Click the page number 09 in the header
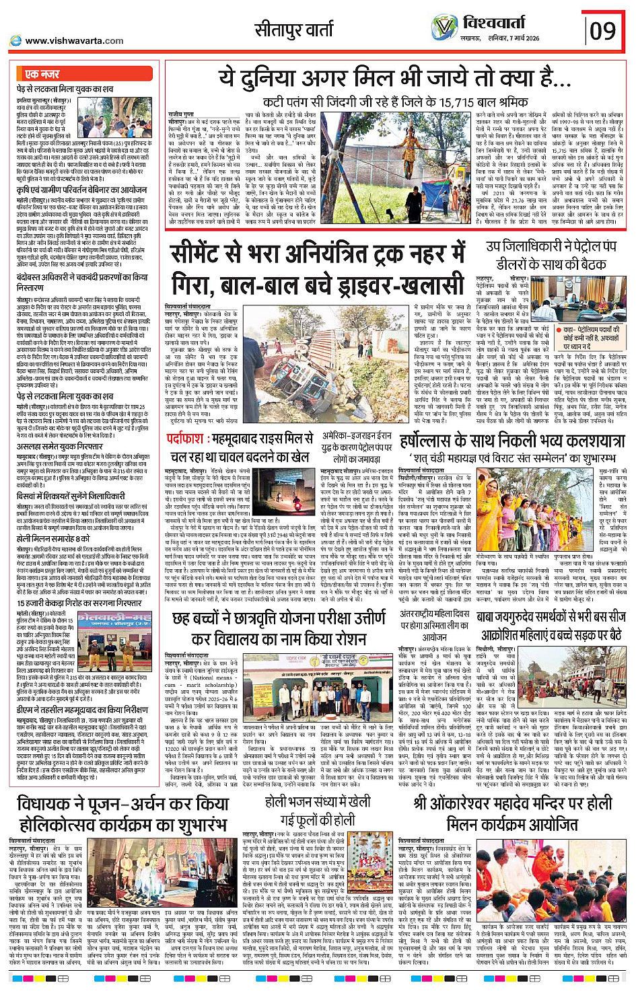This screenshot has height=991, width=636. [603, 30]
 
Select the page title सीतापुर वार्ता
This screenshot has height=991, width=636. [294, 30]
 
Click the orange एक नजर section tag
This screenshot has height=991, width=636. [42, 74]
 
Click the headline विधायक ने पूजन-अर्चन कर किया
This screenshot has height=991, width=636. [123, 813]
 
